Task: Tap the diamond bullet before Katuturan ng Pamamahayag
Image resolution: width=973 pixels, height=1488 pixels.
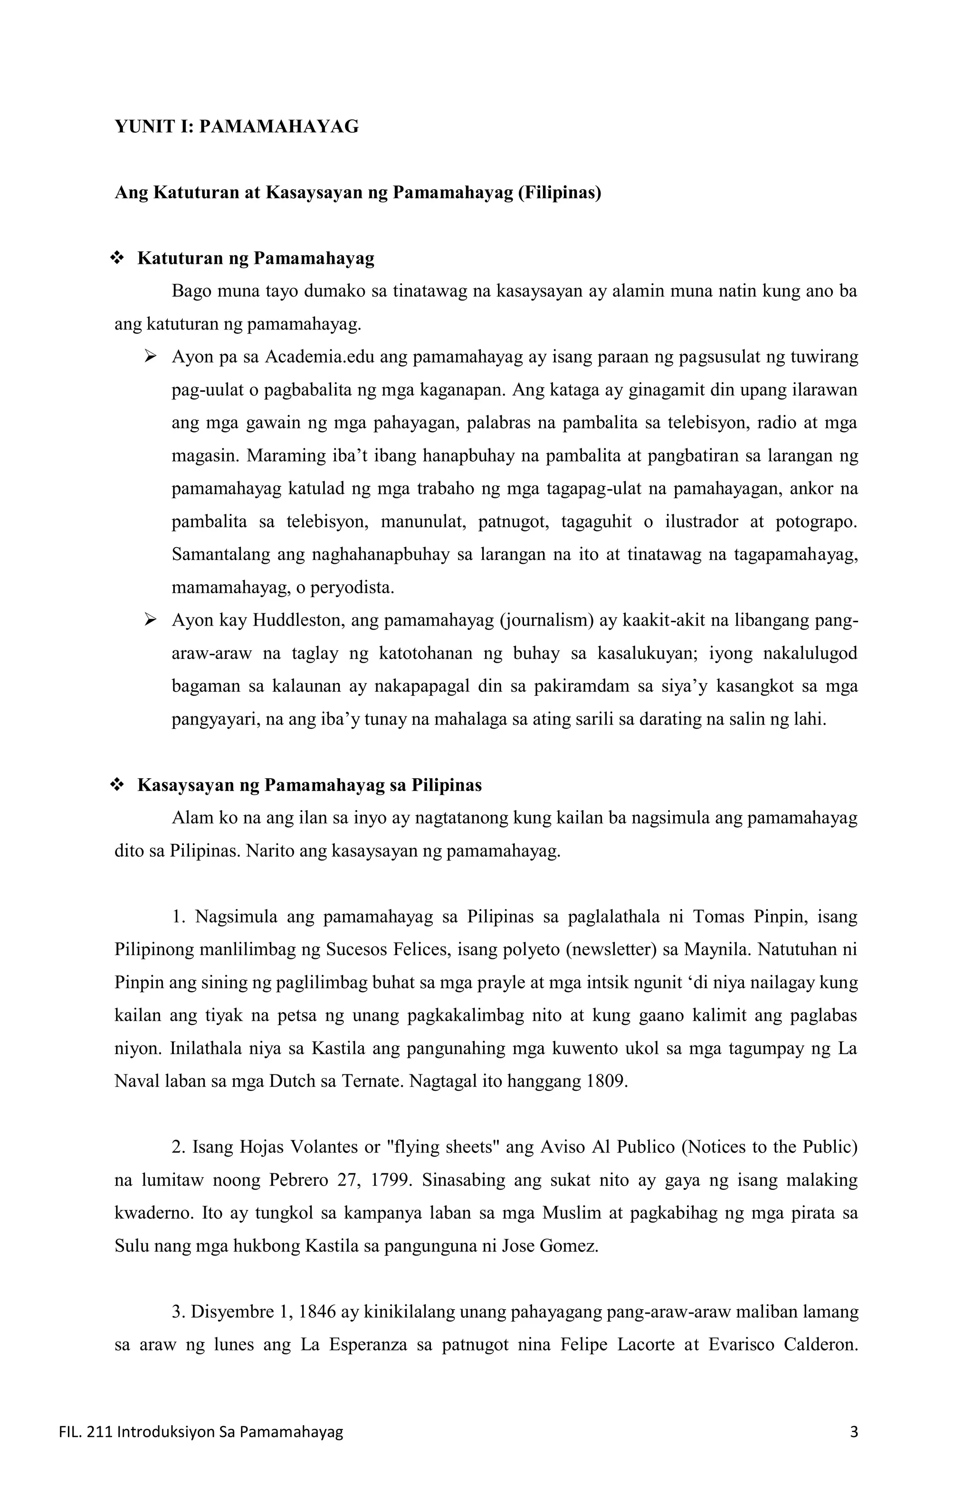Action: pyautogui.click(x=117, y=258)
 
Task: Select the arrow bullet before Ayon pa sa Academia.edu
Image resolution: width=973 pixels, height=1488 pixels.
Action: pyautogui.click(x=150, y=357)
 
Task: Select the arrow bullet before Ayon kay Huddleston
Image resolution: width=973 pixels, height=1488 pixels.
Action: pyautogui.click(x=150, y=620)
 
